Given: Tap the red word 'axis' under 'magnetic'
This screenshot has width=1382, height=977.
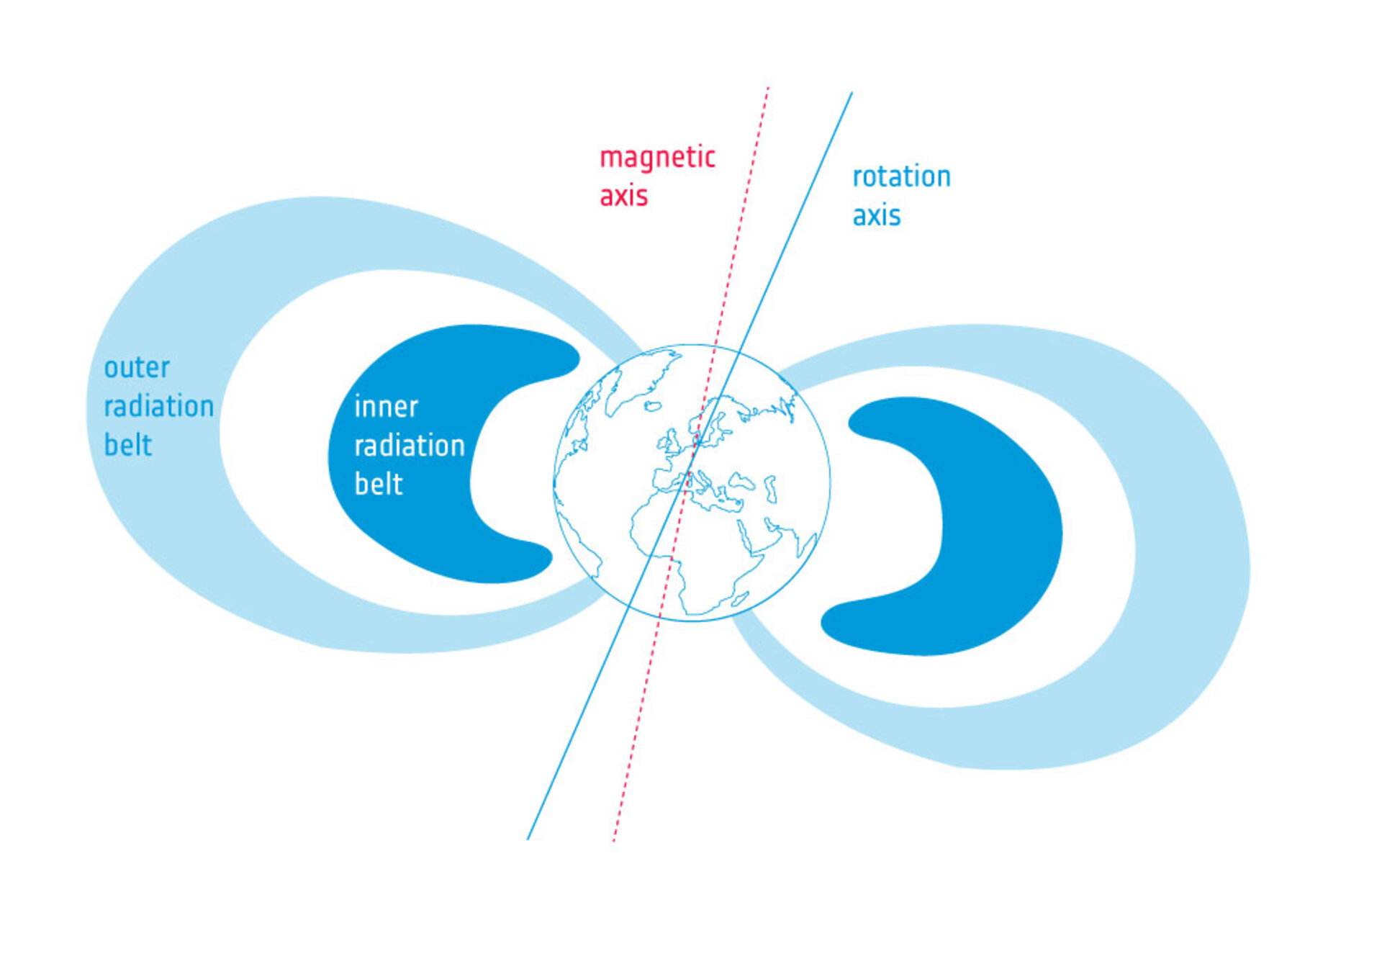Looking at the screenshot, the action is click(623, 196).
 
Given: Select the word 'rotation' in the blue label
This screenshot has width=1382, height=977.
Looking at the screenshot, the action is click(901, 176).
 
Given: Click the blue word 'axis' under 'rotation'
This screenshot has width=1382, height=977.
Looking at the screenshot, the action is click(876, 215).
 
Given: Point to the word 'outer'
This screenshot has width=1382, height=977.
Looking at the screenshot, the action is click(137, 368).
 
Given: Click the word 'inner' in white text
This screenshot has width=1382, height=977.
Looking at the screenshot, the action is click(386, 407).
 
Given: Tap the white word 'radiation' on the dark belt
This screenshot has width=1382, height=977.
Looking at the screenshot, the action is click(410, 446).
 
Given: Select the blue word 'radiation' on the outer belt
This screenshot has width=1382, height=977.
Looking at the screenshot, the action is click(159, 406).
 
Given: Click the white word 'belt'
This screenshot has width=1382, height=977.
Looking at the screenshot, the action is click(379, 484).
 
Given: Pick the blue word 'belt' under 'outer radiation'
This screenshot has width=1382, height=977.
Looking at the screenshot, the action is click(128, 445).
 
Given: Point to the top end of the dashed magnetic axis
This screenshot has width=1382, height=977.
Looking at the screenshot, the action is click(769, 87).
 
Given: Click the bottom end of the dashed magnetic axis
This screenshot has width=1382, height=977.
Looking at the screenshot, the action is click(613, 841).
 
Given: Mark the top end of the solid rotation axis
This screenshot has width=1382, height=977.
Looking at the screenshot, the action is click(852, 92).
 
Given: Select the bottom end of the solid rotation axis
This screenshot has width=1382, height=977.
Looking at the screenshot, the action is click(528, 839).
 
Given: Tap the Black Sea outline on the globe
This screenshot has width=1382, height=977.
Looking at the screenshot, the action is click(741, 480).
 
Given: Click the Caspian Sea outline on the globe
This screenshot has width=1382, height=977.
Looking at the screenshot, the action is click(771, 488).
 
